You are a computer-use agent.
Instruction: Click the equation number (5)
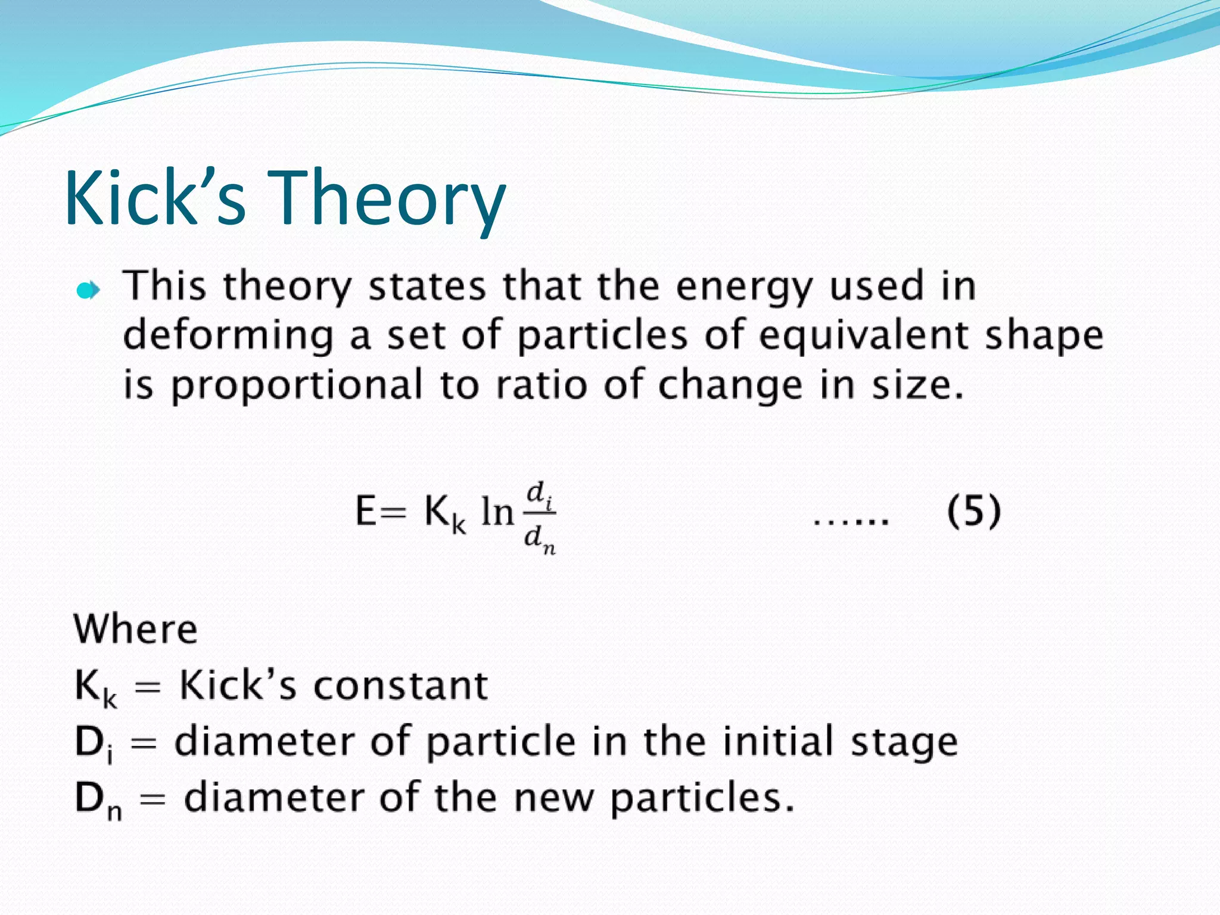(974, 511)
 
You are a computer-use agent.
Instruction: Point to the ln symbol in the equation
(497, 512)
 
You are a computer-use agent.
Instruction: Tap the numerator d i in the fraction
(540, 494)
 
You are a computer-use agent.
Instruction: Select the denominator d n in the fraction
(540, 539)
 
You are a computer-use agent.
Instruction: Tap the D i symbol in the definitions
(94, 743)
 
